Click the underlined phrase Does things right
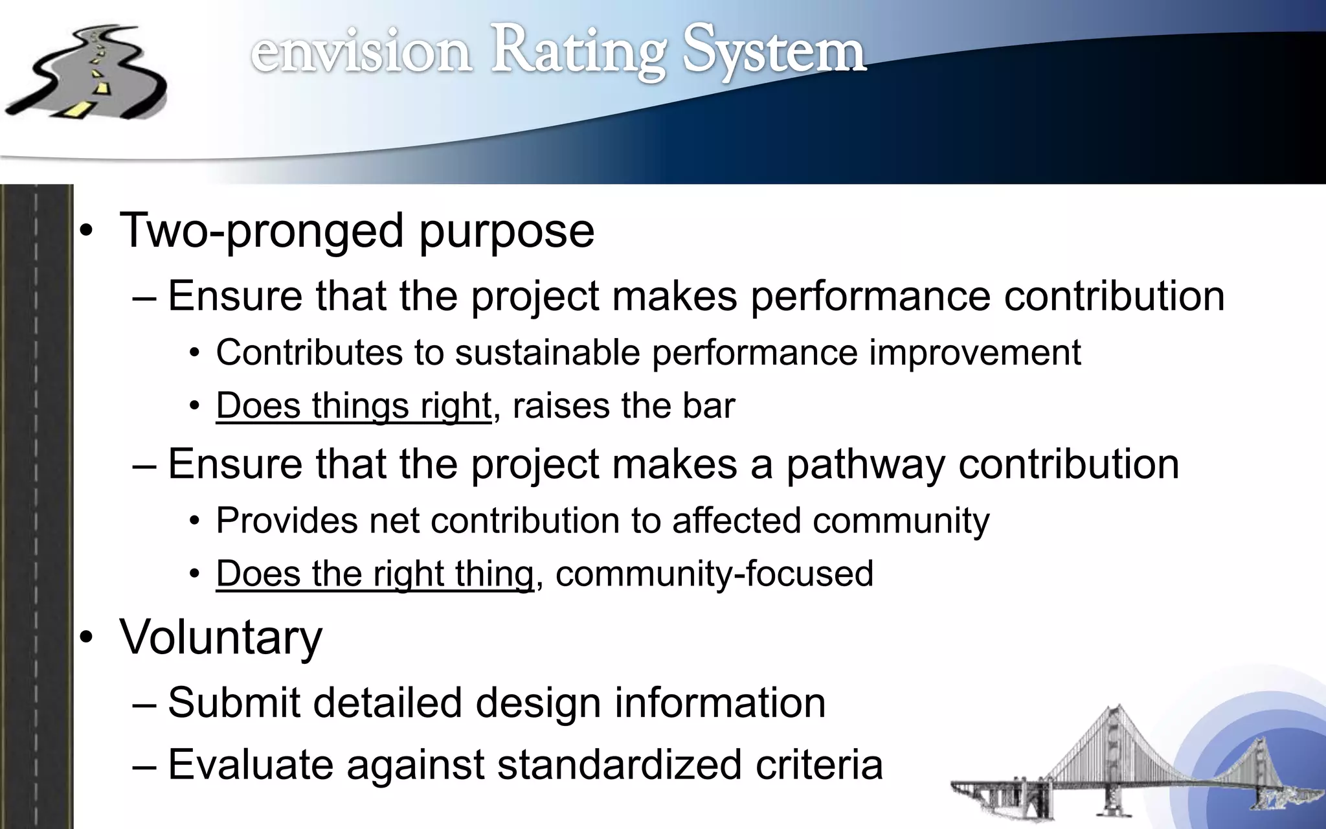(x=354, y=406)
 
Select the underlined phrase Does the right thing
(x=375, y=574)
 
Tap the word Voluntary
(x=220, y=637)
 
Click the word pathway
(x=865, y=464)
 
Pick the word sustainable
(x=548, y=353)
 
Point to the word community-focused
(x=714, y=574)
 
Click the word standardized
(x=620, y=765)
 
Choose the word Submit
(x=233, y=703)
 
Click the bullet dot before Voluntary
(x=87, y=639)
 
